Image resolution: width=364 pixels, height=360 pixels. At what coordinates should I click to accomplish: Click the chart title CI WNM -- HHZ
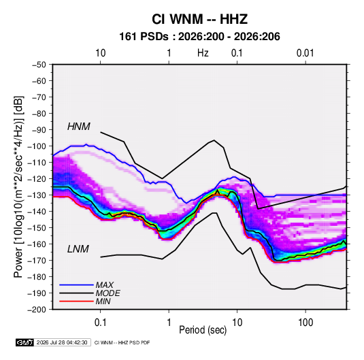(199, 19)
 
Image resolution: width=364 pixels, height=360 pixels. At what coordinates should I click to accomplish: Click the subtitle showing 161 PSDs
(199, 37)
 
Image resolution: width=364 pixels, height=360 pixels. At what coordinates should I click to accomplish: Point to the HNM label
(79, 127)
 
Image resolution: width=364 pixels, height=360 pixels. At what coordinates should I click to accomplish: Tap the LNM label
(78, 249)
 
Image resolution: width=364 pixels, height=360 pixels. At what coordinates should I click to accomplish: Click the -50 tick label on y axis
(39, 65)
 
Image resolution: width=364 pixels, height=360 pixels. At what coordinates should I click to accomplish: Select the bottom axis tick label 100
(305, 323)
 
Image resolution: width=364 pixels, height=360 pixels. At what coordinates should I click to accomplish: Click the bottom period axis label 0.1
(100, 323)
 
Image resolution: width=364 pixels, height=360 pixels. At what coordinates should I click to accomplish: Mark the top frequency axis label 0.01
(305, 53)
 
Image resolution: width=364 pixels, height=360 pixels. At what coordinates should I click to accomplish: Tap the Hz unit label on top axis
(203, 53)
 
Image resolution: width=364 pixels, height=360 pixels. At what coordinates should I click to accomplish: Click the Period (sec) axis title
(203, 330)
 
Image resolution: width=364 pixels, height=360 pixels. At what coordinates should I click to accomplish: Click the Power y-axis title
(18, 187)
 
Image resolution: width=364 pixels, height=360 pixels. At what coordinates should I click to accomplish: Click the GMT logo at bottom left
(25, 342)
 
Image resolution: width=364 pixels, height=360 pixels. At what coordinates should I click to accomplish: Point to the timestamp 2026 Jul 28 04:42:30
(62, 342)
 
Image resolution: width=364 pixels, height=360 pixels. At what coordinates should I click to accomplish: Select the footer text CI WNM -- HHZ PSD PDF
(122, 342)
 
